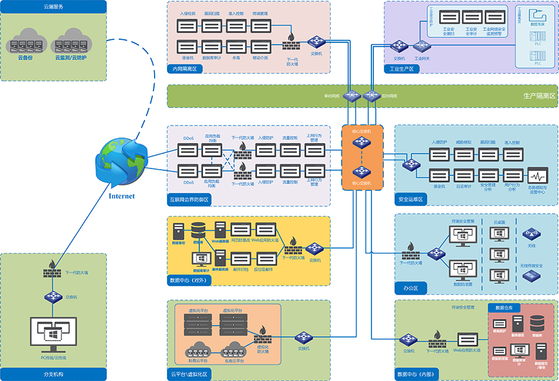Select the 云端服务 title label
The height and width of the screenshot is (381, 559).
point(53,6)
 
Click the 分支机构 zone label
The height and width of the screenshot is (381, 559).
point(53,374)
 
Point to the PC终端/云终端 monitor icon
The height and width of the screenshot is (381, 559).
point(53,334)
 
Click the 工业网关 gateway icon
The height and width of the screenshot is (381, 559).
point(422,46)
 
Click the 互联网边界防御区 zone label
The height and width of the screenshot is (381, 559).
point(189,200)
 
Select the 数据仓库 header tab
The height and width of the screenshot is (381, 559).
point(504,308)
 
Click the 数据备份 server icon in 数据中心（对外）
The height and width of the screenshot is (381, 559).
point(179,233)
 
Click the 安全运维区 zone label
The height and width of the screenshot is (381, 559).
point(411,200)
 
